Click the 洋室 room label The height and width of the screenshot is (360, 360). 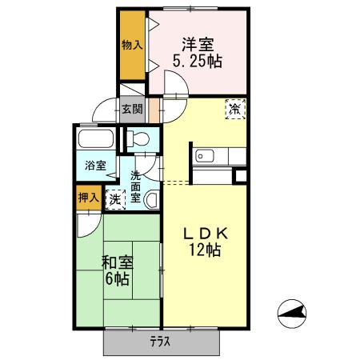(197, 43)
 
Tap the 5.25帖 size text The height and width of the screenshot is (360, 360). (198, 61)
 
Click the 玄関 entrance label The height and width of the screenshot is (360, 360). (132, 110)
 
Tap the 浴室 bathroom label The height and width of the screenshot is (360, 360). (96, 166)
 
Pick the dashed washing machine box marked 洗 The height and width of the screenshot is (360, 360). (116, 199)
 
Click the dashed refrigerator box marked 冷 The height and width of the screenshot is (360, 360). (236, 108)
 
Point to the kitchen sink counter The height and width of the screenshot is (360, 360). (213, 156)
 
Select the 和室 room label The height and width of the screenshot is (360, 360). (117, 262)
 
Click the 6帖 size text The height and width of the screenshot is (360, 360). (117, 279)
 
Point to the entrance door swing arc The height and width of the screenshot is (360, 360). (102, 110)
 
